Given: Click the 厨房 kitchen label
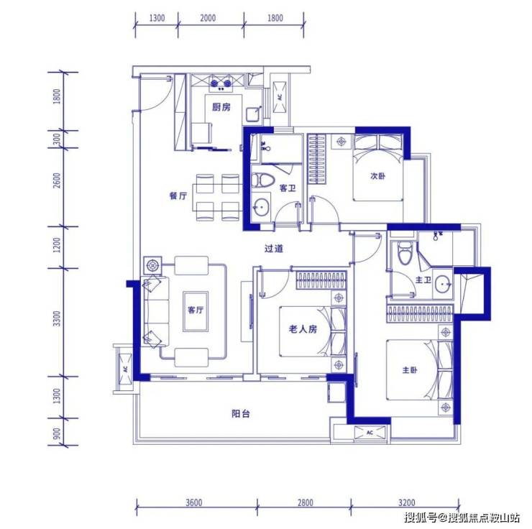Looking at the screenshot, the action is pos(221,107).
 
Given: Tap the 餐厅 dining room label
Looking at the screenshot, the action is pos(178,196).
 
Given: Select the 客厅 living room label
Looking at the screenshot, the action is pos(196,310).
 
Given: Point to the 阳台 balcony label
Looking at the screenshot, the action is pos(241,414).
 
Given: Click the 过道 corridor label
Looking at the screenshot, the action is pos(273,249).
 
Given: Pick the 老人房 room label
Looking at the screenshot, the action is pos(303,328).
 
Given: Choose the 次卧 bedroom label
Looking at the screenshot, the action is pos(377,176).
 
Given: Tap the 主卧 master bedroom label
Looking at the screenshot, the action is pos(410,370).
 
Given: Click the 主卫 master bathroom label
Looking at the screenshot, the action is pos(423,280).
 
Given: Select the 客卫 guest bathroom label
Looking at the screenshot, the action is pos(288,188).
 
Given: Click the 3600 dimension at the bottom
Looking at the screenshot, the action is pos(194,502).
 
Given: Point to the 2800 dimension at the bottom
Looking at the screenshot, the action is pos(306,502).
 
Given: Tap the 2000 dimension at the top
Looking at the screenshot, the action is pos(208,18).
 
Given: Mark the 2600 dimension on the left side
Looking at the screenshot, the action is pos(57,180).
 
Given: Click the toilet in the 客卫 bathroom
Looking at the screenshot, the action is pos(262,180).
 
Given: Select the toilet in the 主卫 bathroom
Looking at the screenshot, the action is pos(405,253).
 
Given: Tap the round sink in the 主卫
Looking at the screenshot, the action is pos(443,282).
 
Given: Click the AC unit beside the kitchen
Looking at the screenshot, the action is pos(280,97).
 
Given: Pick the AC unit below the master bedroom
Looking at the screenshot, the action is pos(370,433).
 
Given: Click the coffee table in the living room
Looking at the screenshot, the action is pos(196,311).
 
